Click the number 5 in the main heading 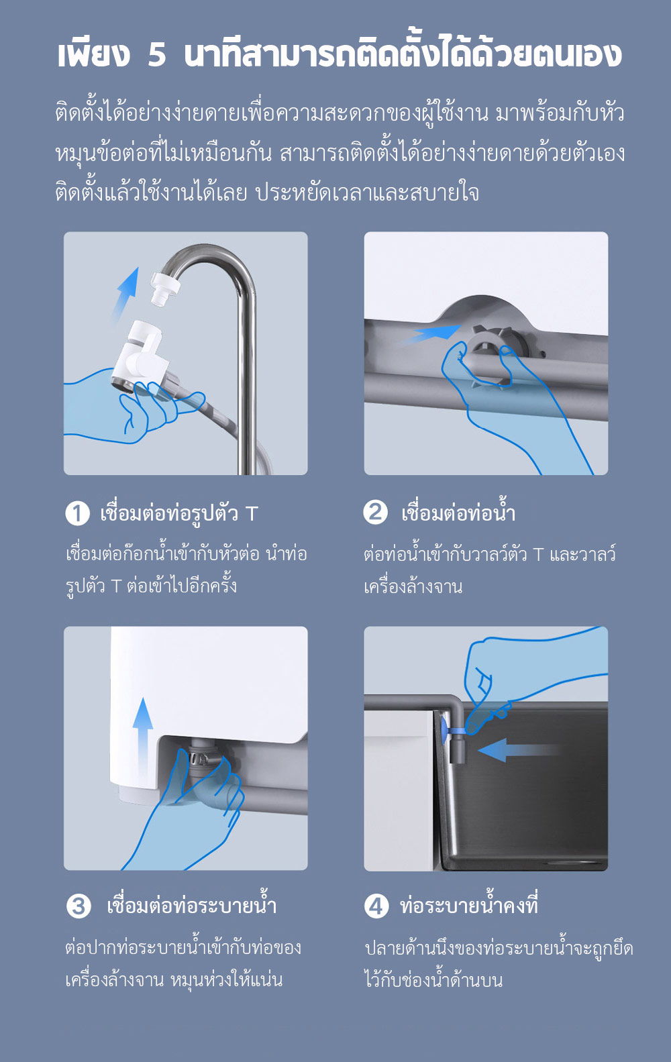pyautogui.click(x=156, y=55)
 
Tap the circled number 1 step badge pyautogui.click(x=78, y=513)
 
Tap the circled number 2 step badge pyautogui.click(x=376, y=512)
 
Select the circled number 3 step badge pyautogui.click(x=79, y=906)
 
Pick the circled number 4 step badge pyautogui.click(x=376, y=906)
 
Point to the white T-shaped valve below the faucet pyautogui.click(x=142, y=352)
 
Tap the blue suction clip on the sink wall pyautogui.click(x=445, y=728)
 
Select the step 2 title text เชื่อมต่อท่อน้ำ pyautogui.click(x=458, y=513)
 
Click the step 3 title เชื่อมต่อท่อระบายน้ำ pyautogui.click(x=191, y=906)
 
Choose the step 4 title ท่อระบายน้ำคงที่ pyautogui.click(x=468, y=906)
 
